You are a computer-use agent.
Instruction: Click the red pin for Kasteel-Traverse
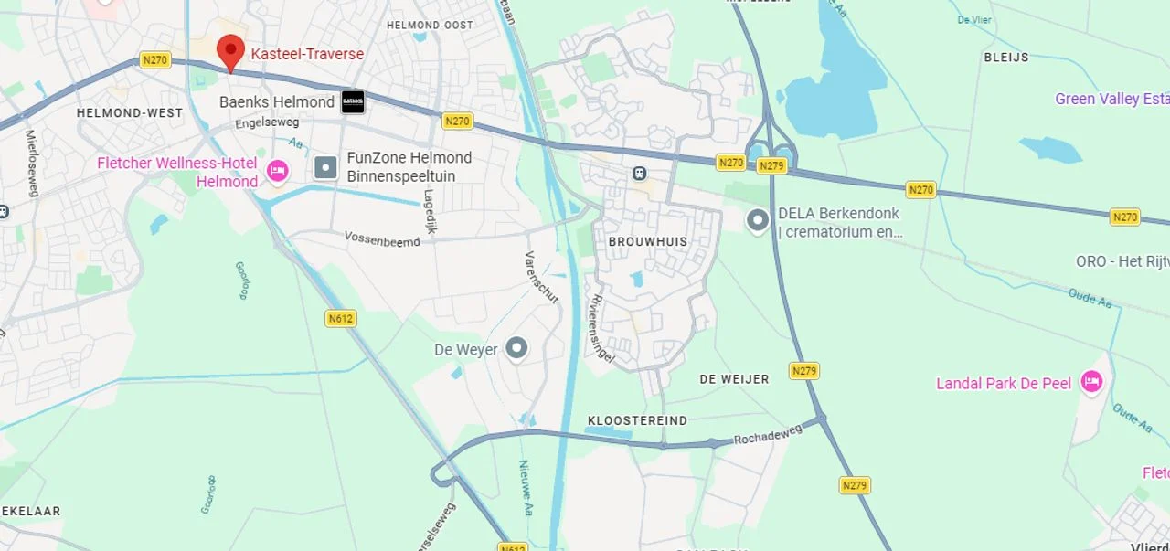tap(230, 51)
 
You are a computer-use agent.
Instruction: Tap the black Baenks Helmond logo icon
tap(353, 102)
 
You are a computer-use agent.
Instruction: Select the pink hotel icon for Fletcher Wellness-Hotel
tap(277, 171)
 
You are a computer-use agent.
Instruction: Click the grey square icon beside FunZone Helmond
tap(325, 167)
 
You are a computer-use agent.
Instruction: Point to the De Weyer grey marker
tap(517, 348)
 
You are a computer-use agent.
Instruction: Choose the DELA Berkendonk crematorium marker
tap(757, 220)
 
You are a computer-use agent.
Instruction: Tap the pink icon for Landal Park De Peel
tap(1091, 382)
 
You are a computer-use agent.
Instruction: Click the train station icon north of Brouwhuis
tap(639, 173)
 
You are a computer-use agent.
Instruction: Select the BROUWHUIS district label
tap(647, 242)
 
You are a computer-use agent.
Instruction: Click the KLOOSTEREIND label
tap(637, 420)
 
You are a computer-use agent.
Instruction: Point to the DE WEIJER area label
tap(734, 378)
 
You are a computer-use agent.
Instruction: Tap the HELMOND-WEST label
tap(129, 113)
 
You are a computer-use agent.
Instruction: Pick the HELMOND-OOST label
tap(430, 25)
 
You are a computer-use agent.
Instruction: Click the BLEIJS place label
tap(1005, 57)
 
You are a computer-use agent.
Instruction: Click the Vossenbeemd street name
tap(382, 238)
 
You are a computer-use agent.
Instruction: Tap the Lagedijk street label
tap(430, 211)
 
